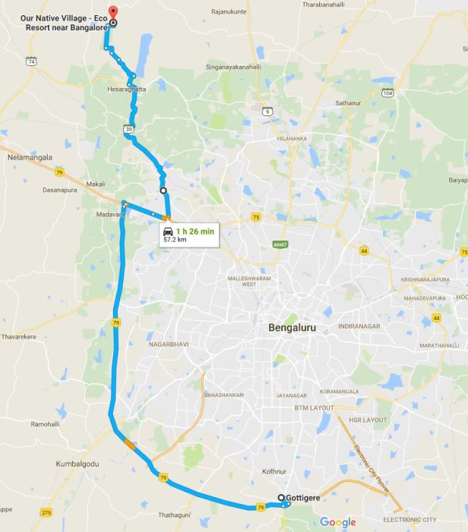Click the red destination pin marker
point(112,13)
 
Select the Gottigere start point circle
point(281,498)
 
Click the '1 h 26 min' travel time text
point(195,231)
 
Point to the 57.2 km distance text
point(175,240)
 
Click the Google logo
point(338,522)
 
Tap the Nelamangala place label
point(30,157)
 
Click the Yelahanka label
point(291,139)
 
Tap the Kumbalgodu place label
point(77,462)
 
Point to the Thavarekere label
point(20,335)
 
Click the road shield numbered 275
point(46,513)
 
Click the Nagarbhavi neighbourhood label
point(168,344)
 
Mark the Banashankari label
point(223,395)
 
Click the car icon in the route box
point(168,231)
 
